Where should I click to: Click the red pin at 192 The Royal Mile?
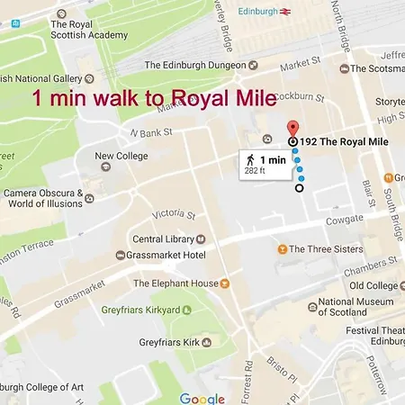click(292, 128)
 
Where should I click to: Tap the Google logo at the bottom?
click(202, 397)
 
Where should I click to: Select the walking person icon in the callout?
click(248, 160)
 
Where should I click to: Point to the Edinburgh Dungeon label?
click(194, 65)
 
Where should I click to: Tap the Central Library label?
click(162, 239)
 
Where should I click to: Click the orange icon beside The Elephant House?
click(225, 283)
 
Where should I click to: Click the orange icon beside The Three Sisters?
click(282, 249)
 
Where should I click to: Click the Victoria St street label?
click(174, 215)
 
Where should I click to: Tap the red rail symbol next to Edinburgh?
click(284, 13)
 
